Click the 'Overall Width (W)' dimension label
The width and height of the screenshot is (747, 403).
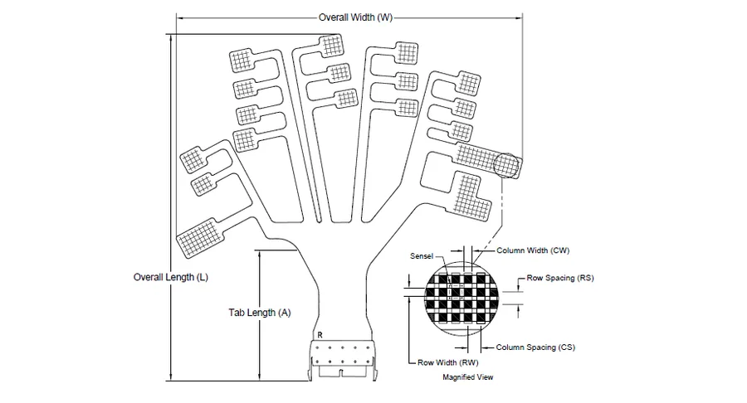[355, 17]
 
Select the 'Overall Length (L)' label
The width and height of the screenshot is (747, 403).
[170, 277]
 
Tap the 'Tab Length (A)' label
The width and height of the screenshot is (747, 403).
[260, 313]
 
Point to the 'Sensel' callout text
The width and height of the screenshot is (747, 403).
[422, 256]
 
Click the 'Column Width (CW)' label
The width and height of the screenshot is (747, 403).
[533, 250]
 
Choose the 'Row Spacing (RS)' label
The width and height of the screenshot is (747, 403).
[560, 278]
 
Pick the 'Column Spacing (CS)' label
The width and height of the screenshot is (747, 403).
[535, 347]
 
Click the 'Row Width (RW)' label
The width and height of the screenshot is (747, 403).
[448, 362]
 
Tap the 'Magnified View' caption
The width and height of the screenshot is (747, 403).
[468, 377]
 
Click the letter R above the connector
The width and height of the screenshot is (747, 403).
[320, 335]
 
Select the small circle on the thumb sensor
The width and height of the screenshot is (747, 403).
[505, 166]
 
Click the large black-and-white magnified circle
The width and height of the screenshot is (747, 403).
[462, 299]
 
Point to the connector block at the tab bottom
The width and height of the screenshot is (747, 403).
[343, 360]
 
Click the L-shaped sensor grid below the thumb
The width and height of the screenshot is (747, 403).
[471, 197]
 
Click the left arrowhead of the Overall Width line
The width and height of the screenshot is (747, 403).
[180, 18]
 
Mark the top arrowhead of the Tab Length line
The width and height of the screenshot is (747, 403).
[260, 254]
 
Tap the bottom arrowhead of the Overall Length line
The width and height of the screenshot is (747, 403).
[170, 377]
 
